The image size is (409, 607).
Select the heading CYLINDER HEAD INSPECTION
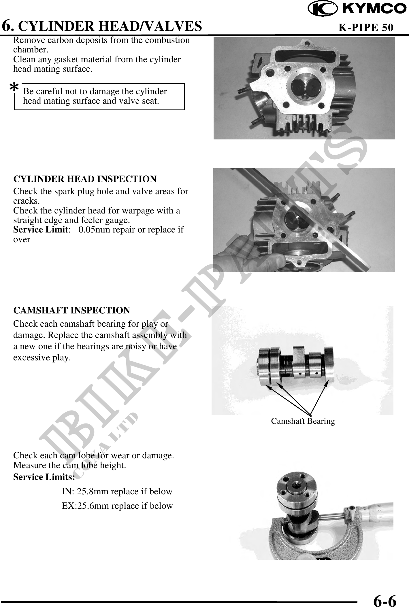click(85, 179)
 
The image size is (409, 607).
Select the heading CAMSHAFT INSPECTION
click(72, 310)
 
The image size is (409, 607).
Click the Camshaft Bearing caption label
click(303, 421)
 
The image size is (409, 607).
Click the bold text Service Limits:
click(44, 477)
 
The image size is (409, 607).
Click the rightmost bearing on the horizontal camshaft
click(328, 366)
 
